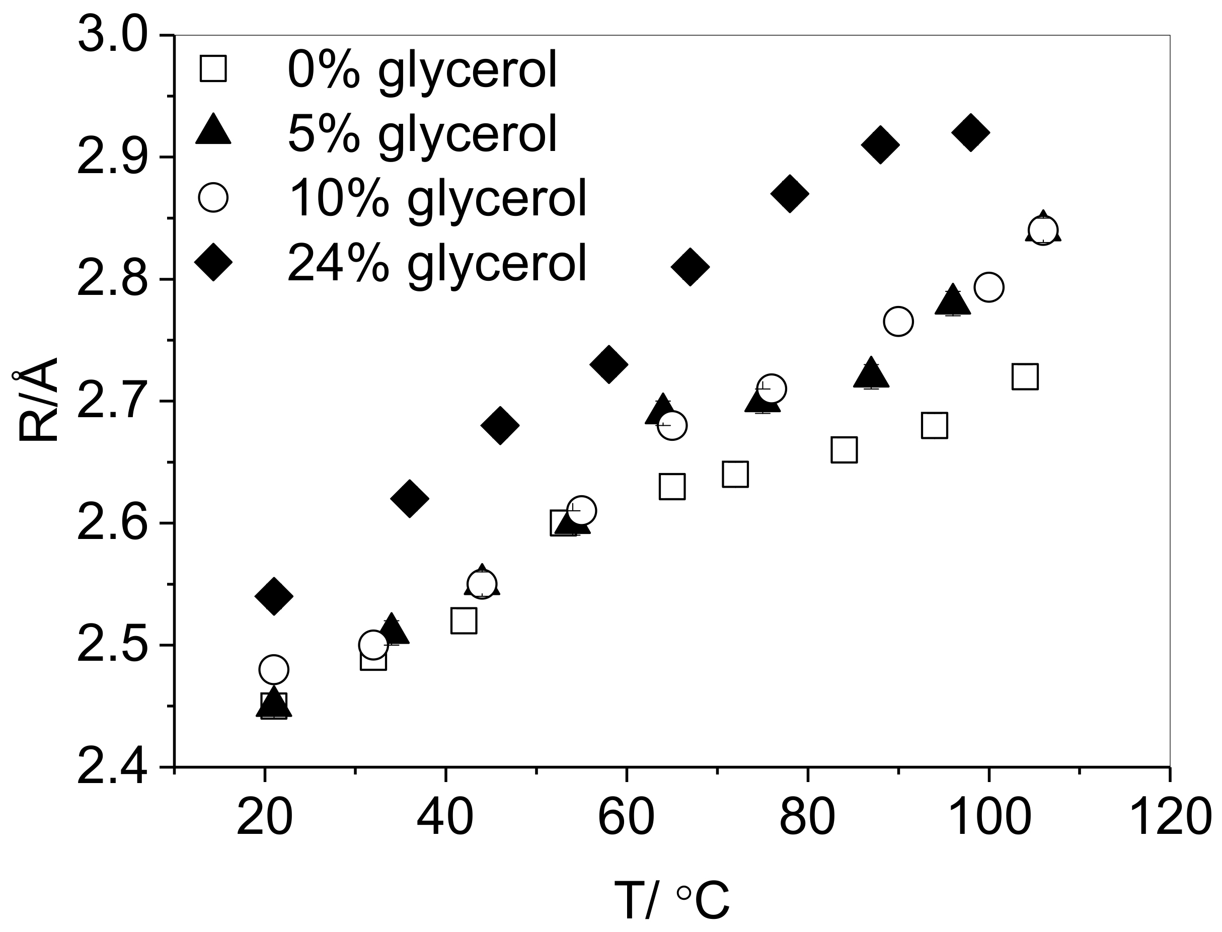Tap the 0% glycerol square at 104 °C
coord(1025,377)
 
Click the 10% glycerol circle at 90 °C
coord(898,321)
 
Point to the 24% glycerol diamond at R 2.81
coord(690,267)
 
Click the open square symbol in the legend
coord(213,69)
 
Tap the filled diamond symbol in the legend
coord(213,262)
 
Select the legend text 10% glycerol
coord(437,199)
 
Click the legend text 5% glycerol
coord(422,134)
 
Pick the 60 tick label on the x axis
coord(626,817)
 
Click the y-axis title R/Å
coord(38,401)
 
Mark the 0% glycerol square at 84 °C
coord(844,450)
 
